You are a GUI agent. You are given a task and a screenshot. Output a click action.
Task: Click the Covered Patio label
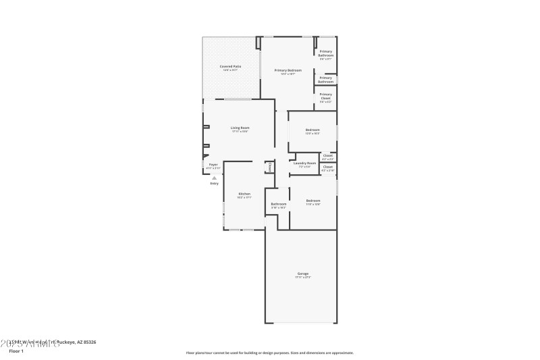(230, 66)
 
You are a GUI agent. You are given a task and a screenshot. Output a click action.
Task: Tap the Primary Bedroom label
(288, 70)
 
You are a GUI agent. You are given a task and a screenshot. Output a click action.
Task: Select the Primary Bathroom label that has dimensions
(326, 53)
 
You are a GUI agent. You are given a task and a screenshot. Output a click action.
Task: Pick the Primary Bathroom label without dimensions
(326, 79)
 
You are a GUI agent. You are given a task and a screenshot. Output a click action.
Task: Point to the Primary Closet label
(326, 96)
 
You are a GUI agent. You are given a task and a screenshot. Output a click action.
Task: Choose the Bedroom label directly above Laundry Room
(313, 130)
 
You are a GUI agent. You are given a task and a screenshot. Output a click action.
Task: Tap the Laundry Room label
(304, 163)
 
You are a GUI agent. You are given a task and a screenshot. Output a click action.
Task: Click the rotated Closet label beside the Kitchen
(270, 166)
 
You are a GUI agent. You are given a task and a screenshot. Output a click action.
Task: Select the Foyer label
(213, 165)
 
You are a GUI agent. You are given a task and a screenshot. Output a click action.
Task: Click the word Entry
(214, 183)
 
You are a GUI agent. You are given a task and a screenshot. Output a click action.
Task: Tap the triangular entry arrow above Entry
(214, 178)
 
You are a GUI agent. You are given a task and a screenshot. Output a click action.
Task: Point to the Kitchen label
(244, 194)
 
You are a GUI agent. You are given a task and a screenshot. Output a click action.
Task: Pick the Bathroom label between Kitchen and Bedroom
(279, 204)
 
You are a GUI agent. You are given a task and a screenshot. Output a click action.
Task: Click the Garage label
(303, 274)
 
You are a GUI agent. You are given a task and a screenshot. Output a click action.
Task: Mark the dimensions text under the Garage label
(303, 278)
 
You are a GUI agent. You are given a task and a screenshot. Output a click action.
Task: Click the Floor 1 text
(16, 351)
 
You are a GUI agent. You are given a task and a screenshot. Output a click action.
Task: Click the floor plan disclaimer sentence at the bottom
(269, 353)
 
